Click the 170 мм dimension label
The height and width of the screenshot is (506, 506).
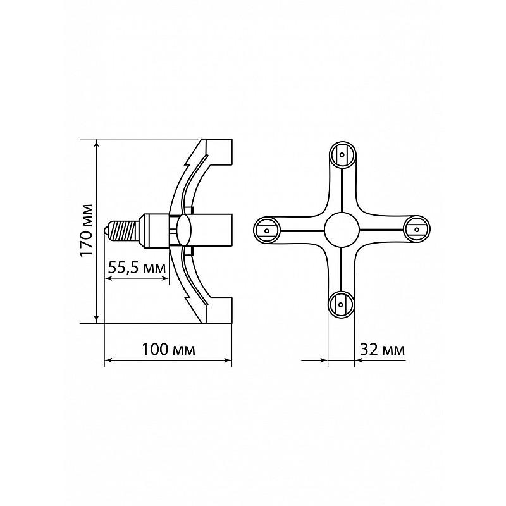tap(86, 230)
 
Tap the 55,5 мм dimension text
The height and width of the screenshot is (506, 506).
tap(137, 268)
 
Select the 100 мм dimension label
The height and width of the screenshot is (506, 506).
tap(169, 349)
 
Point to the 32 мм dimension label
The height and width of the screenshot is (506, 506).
tap(383, 349)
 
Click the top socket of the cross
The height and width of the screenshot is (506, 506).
tap(342, 154)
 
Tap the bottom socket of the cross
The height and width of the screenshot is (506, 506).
tap(341, 304)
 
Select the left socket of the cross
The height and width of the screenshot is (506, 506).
tap(267, 230)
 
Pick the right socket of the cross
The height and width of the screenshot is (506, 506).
tap(417, 230)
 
